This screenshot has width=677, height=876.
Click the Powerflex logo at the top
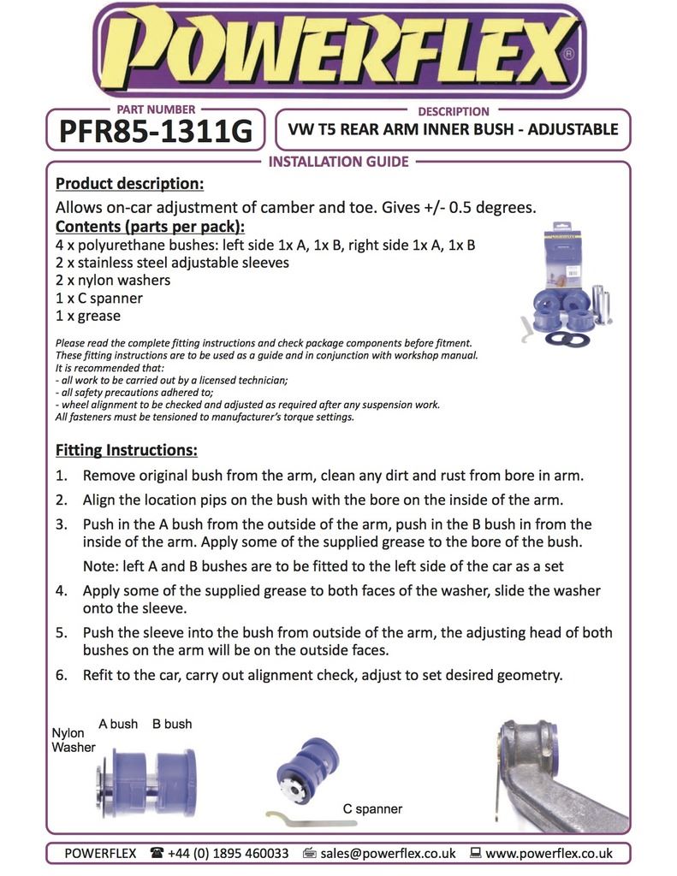339,51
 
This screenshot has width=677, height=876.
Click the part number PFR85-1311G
155,132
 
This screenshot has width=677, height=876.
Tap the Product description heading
129,184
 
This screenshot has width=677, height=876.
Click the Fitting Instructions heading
126,450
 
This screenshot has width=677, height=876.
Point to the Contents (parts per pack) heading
150,227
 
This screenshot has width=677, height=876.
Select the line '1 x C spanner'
98,299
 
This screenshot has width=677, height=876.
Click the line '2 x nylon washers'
112,281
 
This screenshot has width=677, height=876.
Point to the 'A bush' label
118,724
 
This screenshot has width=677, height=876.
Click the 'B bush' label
172,724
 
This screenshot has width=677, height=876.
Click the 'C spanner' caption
372,808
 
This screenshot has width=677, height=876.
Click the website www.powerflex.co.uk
549,853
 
